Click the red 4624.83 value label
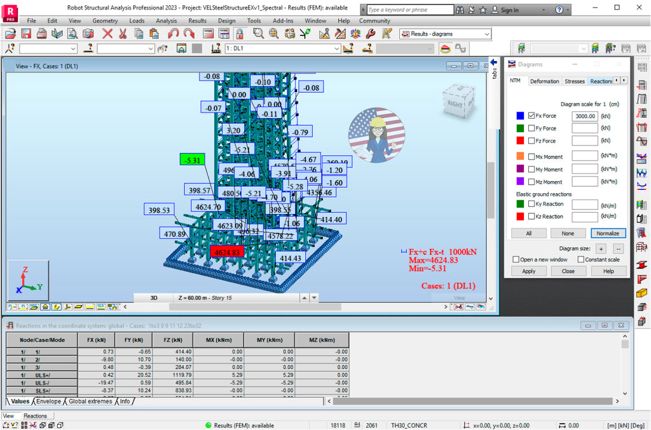pos(227,252)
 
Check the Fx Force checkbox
pos(531,116)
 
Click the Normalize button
pos(608,233)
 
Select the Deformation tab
pos(544,81)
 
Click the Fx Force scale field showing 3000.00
pos(584,116)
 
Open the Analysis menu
pos(167,20)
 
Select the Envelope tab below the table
pos(48,401)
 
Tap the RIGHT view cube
pos(457,101)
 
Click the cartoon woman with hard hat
pos(376,133)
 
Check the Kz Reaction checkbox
pos(531,216)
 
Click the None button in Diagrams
pos(568,233)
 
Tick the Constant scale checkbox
pos(581,259)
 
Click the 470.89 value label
pos(174,234)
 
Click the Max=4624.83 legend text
pos(432,260)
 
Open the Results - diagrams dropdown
pos(445,34)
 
